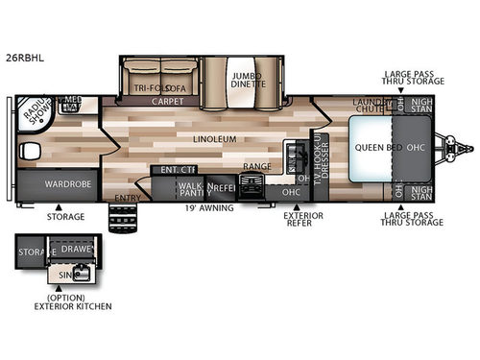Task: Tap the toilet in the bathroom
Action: click(x=29, y=151)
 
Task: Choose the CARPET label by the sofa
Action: click(x=167, y=100)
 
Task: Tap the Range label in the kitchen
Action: click(x=256, y=167)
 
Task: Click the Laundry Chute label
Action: click(x=370, y=106)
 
